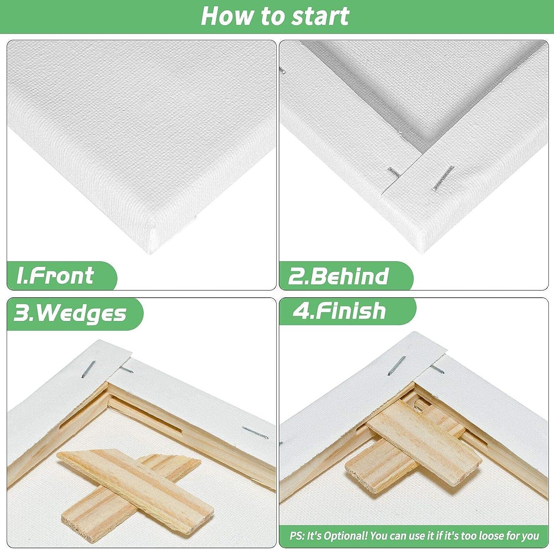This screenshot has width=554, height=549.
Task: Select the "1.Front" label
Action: click(55, 276)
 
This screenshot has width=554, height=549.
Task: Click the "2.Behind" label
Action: click(338, 276)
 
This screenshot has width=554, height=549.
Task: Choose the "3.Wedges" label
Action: click(70, 314)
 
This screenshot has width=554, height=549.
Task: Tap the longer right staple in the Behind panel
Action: click(443, 178)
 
